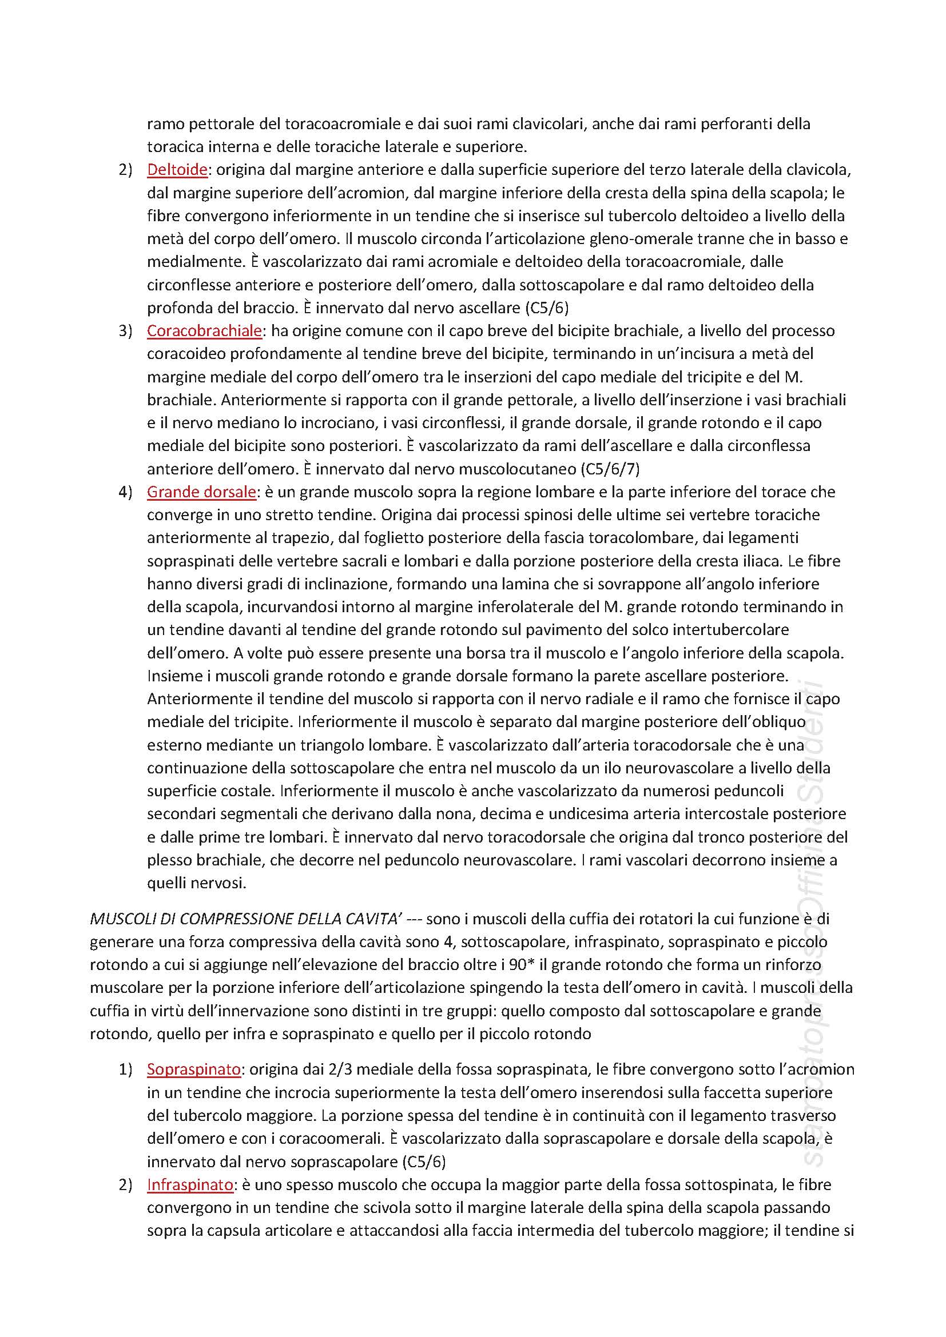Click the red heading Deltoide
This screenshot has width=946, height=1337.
[x=177, y=169]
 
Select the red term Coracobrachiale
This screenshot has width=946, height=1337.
[x=204, y=331]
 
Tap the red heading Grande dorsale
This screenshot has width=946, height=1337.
[x=201, y=492]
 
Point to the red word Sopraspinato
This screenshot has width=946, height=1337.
[x=193, y=1069]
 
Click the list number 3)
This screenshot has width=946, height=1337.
[x=126, y=331]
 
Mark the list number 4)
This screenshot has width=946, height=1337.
[x=126, y=492]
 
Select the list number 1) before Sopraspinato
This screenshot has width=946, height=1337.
[x=126, y=1069]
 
